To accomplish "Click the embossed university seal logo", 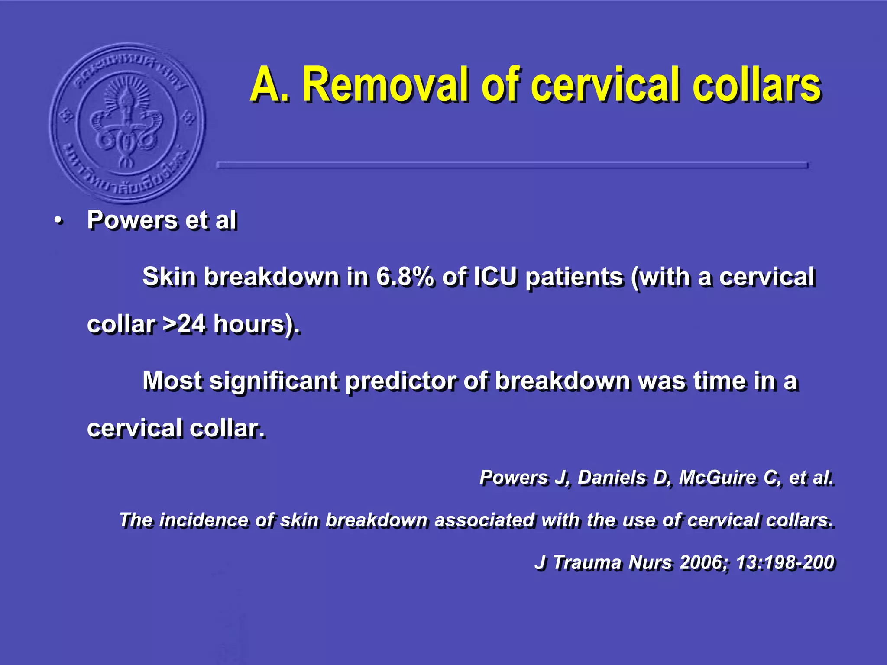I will click(127, 123).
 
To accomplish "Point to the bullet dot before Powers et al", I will click(58, 222).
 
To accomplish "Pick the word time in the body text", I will click(720, 381).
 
